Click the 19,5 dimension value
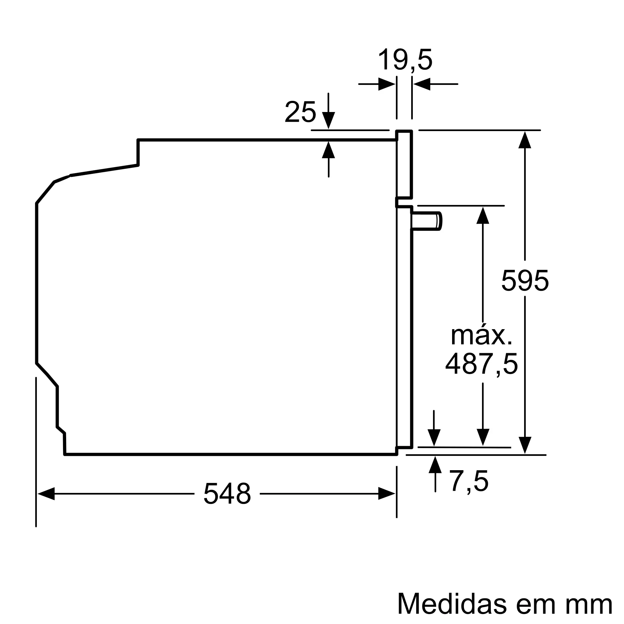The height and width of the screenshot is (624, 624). [405, 60]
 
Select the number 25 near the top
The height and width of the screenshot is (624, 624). [300, 112]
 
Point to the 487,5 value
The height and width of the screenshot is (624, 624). [481, 364]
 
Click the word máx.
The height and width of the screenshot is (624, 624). [481, 336]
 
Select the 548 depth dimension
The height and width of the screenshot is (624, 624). [227, 494]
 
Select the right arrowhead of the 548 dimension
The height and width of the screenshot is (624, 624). [387, 494]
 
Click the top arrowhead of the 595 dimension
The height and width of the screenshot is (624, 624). [525, 140]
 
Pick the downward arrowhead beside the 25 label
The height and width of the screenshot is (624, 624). [329, 120]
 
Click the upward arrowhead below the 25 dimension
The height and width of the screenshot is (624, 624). [329, 150]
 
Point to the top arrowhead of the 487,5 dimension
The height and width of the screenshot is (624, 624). [483, 215]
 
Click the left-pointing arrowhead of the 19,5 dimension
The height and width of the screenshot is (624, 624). [422, 84]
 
